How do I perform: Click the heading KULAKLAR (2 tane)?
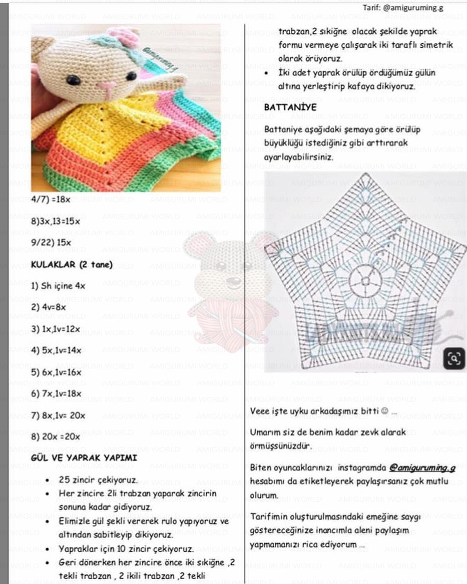click(x=72, y=264)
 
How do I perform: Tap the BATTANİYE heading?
click(x=290, y=107)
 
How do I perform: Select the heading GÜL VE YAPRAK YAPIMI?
click(x=84, y=458)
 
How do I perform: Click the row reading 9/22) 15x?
click(x=51, y=242)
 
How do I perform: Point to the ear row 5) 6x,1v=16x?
click(x=56, y=372)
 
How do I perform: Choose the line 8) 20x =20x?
click(x=56, y=436)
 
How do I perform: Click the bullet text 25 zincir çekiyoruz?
click(x=98, y=480)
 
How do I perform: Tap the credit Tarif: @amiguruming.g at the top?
click(x=403, y=7)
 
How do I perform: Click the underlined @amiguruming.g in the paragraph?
click(x=422, y=468)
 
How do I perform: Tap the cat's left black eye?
click(x=73, y=80)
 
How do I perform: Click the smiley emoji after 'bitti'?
click(x=385, y=411)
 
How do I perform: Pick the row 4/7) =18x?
click(x=51, y=199)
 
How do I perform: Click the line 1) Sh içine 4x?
click(x=58, y=286)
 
